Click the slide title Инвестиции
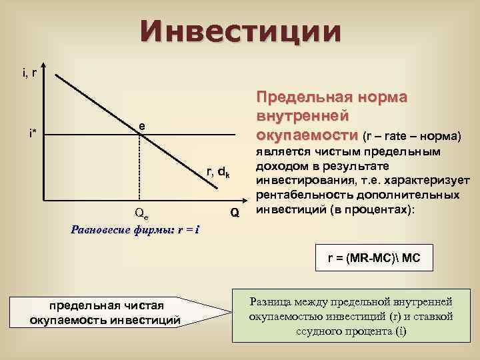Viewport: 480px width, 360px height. coord(240,31)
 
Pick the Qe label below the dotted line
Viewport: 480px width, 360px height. coord(141,214)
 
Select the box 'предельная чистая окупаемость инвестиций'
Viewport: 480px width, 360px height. coord(105,313)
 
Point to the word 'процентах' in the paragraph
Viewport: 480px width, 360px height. coord(378,208)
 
